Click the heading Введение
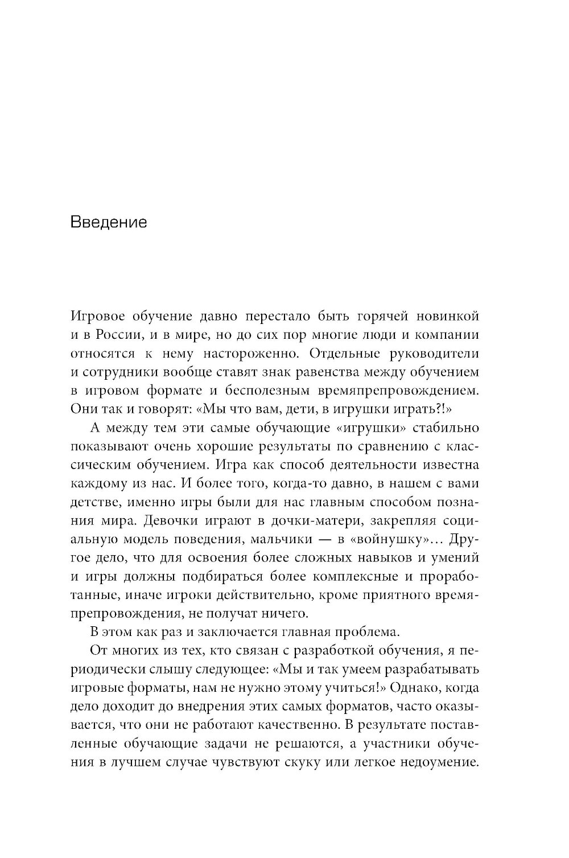coord(109,221)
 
